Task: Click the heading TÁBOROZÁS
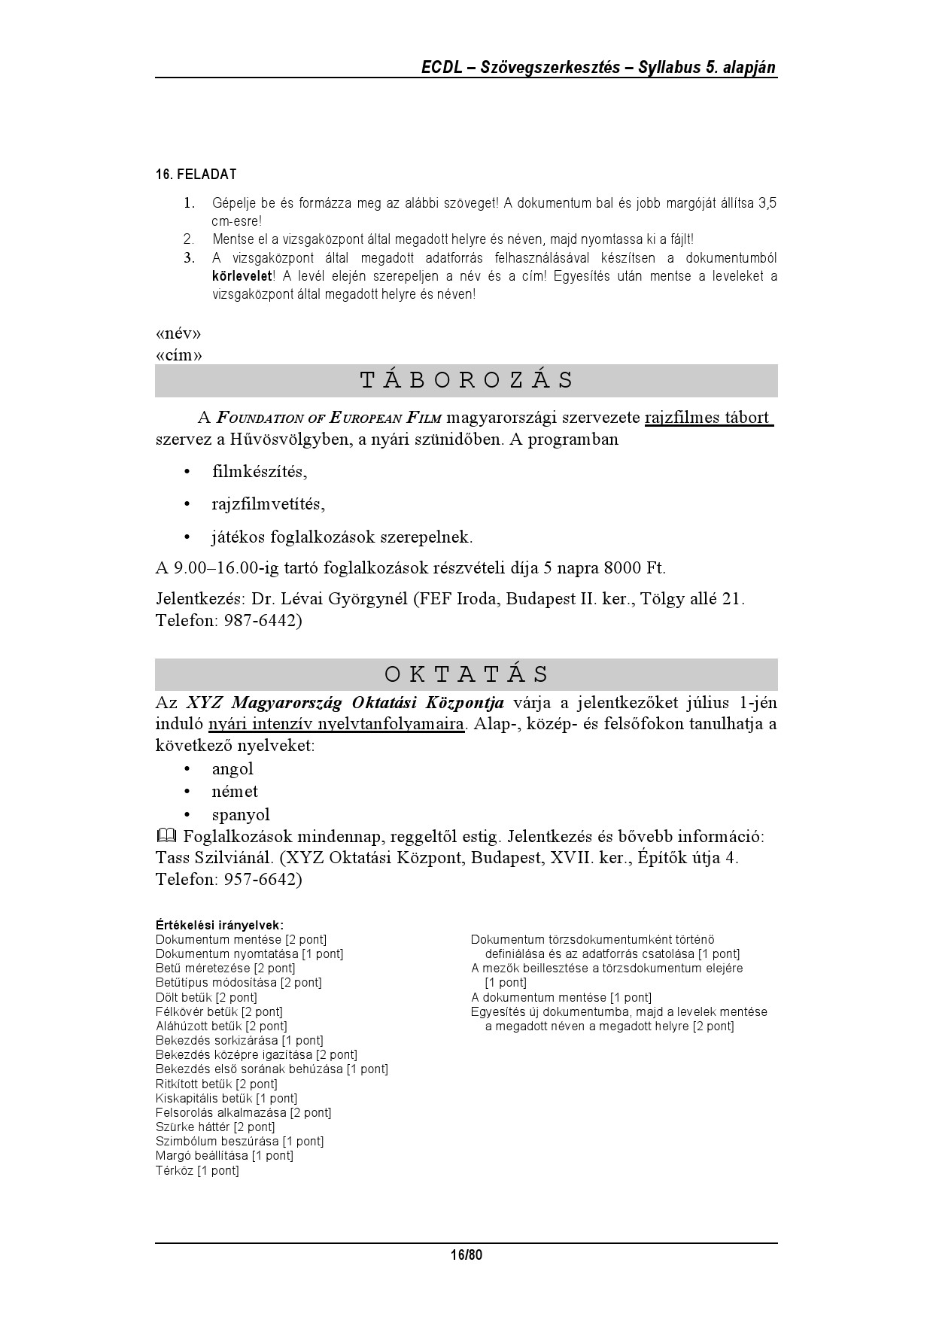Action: click(466, 380)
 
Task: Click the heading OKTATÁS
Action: click(466, 674)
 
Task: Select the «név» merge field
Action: click(178, 333)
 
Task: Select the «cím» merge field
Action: click(178, 354)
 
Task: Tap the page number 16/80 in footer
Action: click(466, 1255)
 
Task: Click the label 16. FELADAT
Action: click(196, 175)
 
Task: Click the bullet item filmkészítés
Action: click(260, 472)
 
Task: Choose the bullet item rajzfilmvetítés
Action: click(269, 504)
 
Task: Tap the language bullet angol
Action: click(232, 769)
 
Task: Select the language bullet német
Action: click(235, 792)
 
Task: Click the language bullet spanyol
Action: click(241, 815)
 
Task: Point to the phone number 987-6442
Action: click(263, 621)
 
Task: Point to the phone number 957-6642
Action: click(263, 880)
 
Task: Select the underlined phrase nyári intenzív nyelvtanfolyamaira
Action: click(336, 725)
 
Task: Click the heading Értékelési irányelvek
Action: click(220, 925)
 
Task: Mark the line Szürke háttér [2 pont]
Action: click(215, 1127)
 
